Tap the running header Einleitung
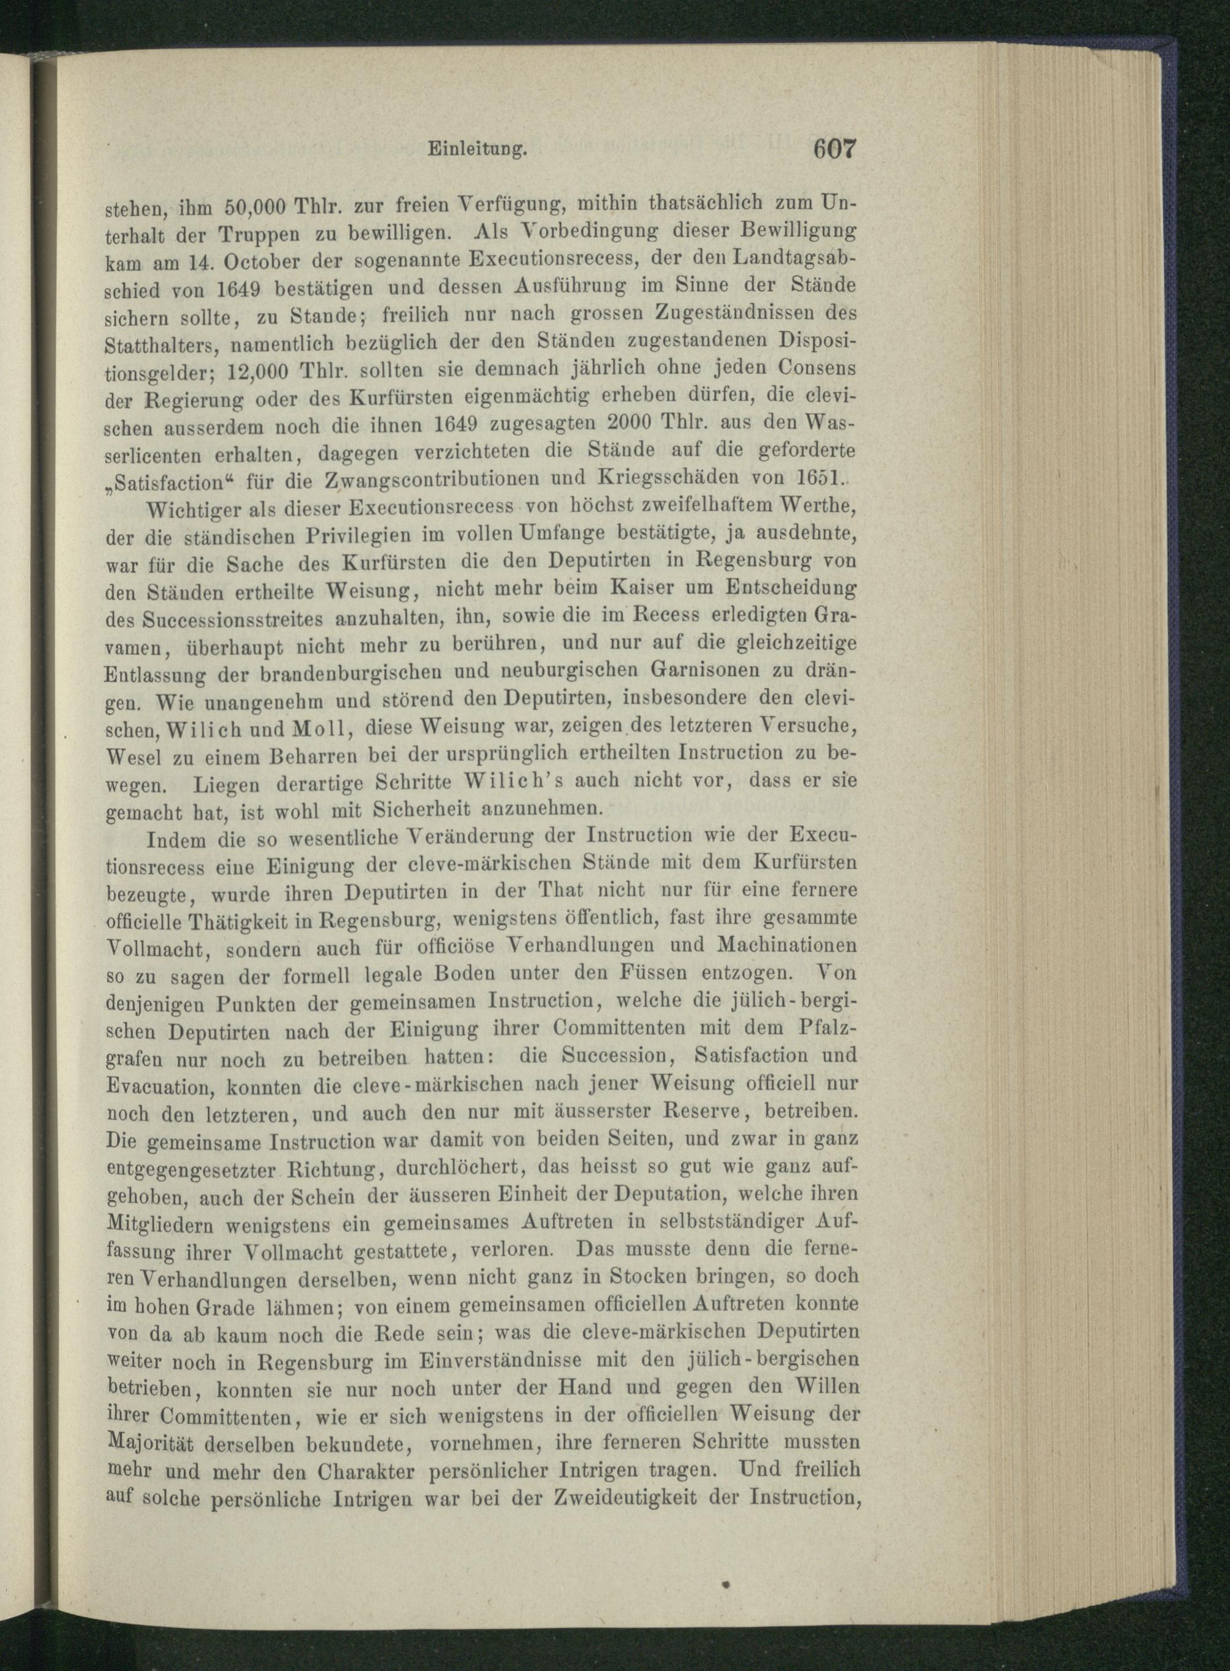pos(477,149)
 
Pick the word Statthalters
pos(164,345)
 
